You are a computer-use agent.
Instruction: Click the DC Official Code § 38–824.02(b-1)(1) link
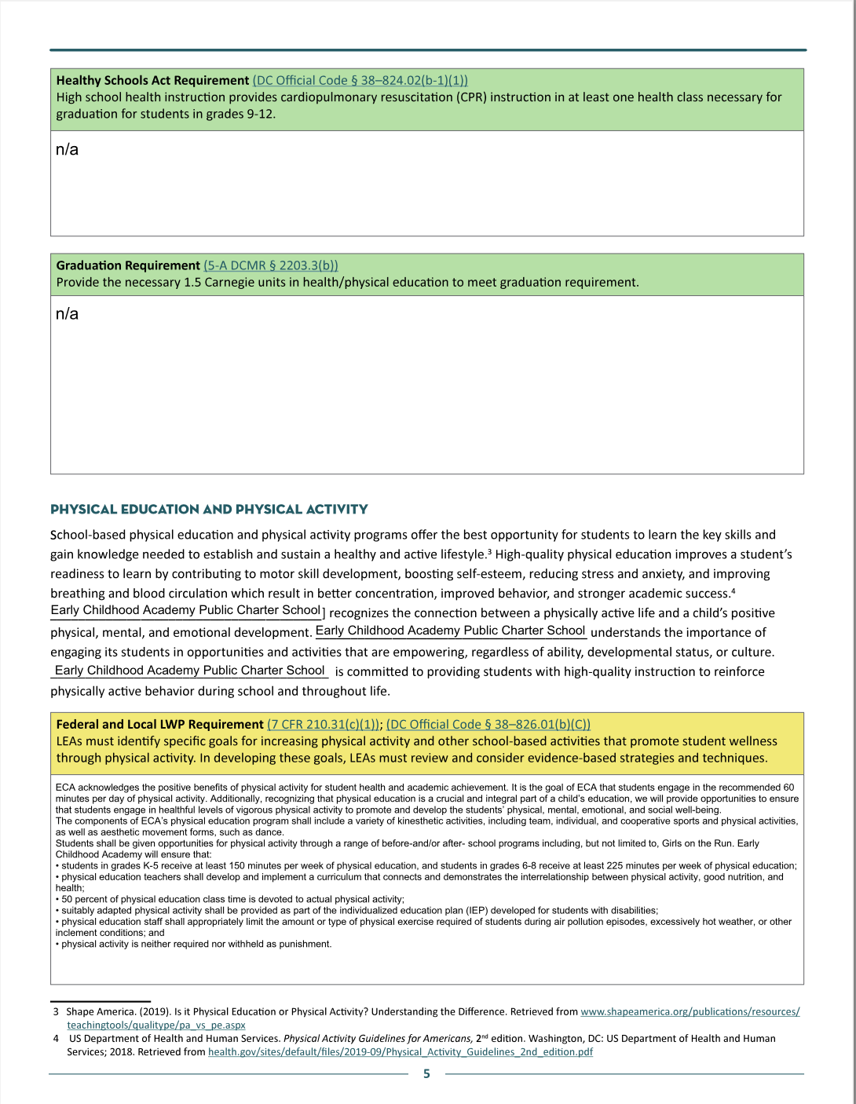360,80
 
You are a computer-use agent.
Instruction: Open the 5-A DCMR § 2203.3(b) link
271,265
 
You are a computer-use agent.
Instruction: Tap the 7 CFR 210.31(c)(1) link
324,724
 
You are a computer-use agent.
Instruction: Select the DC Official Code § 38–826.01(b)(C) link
488,724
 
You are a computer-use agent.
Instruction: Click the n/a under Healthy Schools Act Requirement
67,149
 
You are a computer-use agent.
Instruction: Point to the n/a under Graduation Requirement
67,314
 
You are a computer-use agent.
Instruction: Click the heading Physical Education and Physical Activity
209,509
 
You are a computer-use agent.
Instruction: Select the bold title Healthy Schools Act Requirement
152,80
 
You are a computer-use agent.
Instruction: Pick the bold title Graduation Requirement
128,265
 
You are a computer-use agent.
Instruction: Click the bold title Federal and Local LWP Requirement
159,724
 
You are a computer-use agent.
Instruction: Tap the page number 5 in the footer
426,1074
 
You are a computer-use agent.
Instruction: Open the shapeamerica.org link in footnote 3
690,1011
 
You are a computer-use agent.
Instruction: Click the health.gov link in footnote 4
400,1051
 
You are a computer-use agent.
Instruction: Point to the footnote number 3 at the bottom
56,1012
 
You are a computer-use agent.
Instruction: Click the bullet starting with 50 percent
231,899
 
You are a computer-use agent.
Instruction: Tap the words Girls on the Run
704,843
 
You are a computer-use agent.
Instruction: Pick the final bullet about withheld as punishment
195,944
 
